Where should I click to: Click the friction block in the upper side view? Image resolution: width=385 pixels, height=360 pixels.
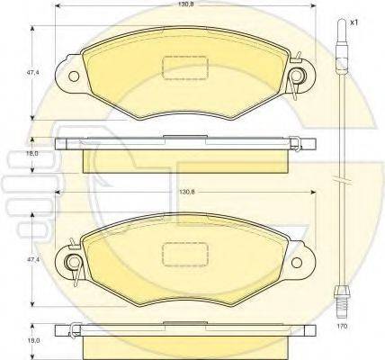tap(185, 158)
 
